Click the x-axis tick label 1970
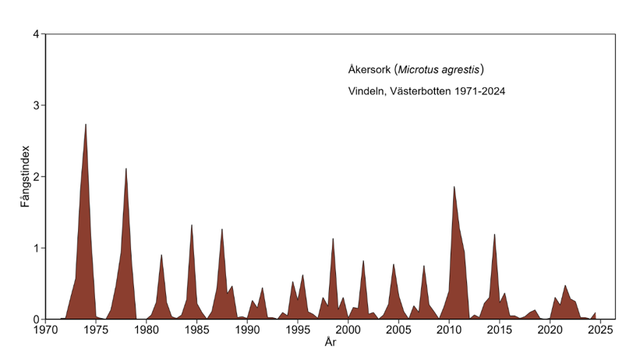[x=45, y=330]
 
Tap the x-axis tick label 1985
[x=196, y=330]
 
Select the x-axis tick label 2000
[x=348, y=330]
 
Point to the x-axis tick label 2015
[x=499, y=330]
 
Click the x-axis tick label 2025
[x=599, y=330]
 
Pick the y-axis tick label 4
[x=37, y=34]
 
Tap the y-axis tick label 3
[x=37, y=105]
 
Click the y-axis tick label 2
[x=37, y=177]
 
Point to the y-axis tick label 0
[x=37, y=319]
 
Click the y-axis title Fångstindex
[x=25, y=176]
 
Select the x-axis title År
[x=330, y=342]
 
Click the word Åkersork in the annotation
[x=370, y=69]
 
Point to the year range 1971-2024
[x=477, y=91]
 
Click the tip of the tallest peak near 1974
[x=86, y=125]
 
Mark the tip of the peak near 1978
[x=126, y=168]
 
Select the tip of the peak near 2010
[x=454, y=186]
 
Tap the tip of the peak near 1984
[x=192, y=225]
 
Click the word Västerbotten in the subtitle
[x=419, y=91]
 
